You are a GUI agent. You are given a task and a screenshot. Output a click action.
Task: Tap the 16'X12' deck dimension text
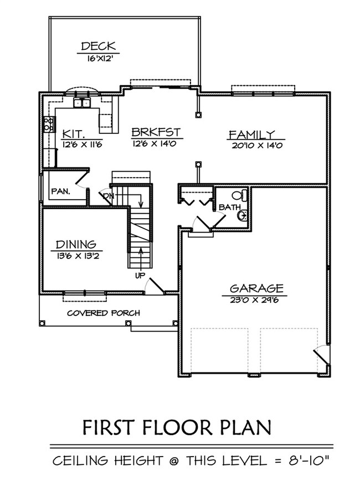point(98,58)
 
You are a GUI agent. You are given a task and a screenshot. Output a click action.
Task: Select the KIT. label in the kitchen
point(73,134)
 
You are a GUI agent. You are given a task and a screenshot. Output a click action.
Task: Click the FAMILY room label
point(252,134)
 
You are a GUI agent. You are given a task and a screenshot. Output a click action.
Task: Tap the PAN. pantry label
point(60,191)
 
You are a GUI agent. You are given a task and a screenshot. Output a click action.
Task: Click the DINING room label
point(76,244)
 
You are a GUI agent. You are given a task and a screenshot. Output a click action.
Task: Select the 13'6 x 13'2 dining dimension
point(76,256)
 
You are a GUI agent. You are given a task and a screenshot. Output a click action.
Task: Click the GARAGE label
point(256,288)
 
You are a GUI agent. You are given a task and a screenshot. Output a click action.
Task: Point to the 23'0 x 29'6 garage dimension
point(256,300)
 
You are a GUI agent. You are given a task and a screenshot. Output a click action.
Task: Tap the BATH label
point(229,207)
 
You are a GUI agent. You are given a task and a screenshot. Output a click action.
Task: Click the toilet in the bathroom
point(238,195)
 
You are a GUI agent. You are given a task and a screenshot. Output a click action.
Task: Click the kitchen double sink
point(83,102)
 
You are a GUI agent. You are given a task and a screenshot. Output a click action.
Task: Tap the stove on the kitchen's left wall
point(49,124)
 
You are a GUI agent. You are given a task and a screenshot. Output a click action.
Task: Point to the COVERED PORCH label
point(103,313)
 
